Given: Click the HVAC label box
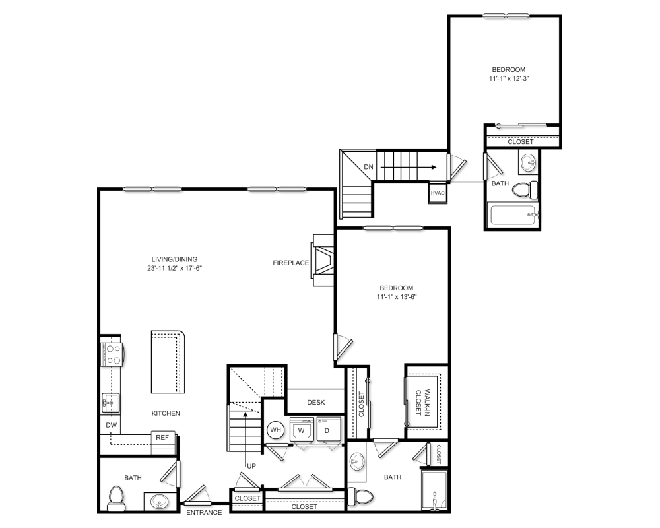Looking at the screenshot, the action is (438, 193).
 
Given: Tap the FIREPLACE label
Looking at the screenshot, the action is (291, 263).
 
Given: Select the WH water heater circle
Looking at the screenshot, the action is (276, 430).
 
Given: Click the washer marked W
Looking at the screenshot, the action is (302, 430).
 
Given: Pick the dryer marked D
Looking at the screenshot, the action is (327, 430).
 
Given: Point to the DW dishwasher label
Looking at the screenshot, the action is (111, 425).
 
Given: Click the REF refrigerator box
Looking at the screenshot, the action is (162, 438).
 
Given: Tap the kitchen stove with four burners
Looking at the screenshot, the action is (112, 354).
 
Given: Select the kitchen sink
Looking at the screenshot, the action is (110, 403).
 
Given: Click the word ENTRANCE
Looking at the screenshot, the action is (204, 512).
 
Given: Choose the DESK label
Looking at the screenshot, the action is (315, 402).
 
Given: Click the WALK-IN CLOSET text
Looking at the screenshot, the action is (423, 402).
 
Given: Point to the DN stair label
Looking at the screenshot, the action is (368, 167).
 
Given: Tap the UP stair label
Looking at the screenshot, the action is (251, 466).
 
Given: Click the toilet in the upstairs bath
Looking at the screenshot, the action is (525, 189).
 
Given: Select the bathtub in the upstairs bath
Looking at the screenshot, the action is (514, 214).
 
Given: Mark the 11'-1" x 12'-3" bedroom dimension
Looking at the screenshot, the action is (509, 79).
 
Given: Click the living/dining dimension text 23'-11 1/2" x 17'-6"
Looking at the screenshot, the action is (175, 268).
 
